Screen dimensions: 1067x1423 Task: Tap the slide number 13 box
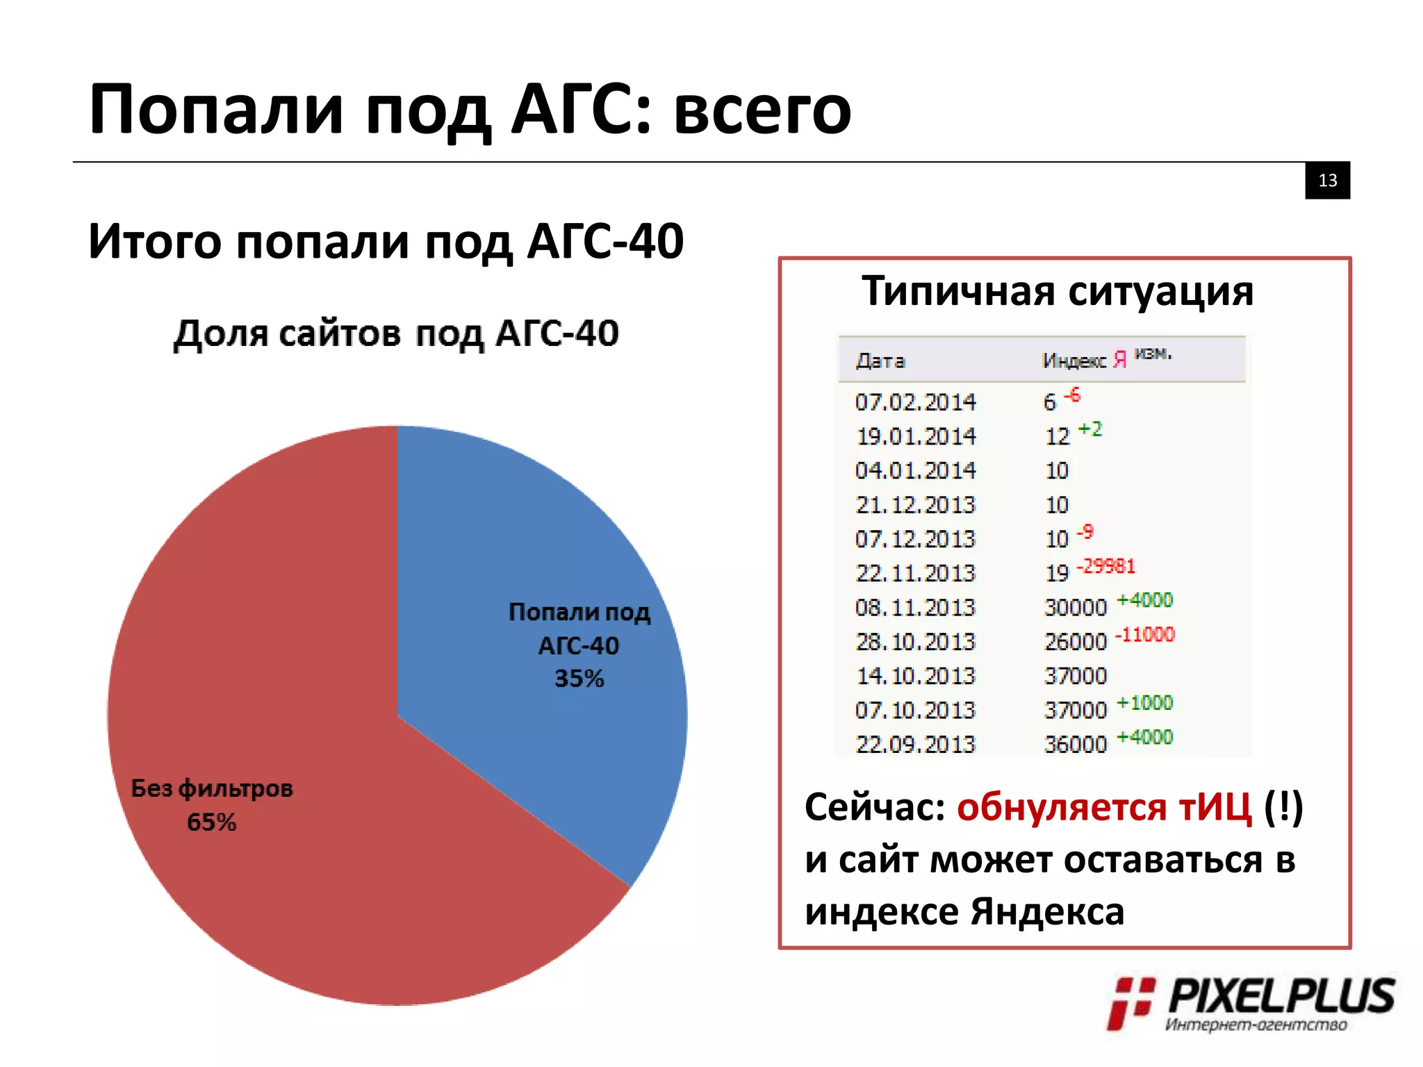click(1327, 181)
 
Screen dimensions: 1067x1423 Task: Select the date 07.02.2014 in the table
click(915, 402)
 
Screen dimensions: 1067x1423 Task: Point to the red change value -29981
click(1106, 566)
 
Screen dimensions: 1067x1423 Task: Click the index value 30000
click(1075, 608)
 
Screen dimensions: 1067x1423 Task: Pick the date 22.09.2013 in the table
click(915, 745)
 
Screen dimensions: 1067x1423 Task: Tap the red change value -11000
click(1145, 634)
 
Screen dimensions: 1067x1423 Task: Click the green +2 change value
click(1090, 429)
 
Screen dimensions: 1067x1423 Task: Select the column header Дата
click(880, 361)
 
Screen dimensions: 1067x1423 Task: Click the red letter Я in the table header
click(1119, 360)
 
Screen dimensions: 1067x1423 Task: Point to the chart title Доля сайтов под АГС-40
click(396, 333)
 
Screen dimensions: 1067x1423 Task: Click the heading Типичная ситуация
click(1058, 291)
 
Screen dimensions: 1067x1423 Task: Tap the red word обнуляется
click(1061, 808)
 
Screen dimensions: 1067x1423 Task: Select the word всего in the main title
click(762, 110)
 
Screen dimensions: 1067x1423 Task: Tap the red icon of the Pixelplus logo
click(1130, 1002)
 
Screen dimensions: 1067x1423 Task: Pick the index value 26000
click(1075, 642)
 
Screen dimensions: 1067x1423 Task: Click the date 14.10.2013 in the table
click(915, 676)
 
